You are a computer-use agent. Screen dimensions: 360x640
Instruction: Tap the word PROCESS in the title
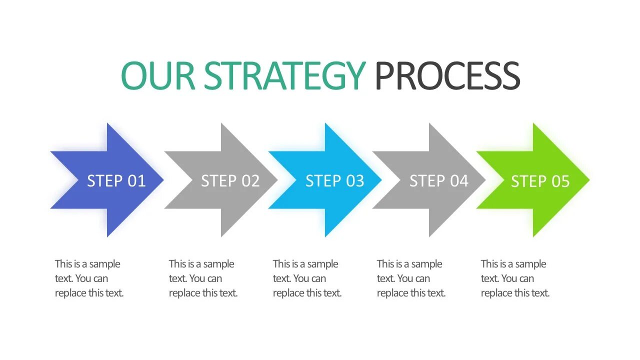click(447, 76)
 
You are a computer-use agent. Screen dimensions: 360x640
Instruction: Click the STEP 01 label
click(116, 180)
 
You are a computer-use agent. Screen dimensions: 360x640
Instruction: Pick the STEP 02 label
click(230, 180)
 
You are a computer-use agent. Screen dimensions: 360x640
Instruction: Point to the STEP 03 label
click(334, 180)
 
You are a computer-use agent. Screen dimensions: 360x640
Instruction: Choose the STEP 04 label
click(438, 180)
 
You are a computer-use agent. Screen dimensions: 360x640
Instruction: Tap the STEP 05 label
click(540, 181)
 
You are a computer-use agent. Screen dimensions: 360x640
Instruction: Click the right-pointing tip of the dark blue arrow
click(162, 180)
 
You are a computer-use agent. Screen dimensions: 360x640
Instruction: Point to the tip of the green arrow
click(588, 180)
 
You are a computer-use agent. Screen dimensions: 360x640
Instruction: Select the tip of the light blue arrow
click(380, 180)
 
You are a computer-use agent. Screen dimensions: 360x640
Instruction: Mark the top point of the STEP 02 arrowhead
click(222, 124)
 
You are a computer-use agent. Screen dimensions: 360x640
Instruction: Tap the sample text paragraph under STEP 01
click(89, 278)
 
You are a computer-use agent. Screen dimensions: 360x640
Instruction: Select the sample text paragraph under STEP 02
click(203, 278)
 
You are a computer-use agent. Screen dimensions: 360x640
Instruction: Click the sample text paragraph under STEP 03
click(307, 278)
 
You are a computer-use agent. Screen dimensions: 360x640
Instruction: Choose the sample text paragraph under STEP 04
click(411, 278)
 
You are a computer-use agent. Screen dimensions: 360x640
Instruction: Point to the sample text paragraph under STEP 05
click(515, 278)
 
